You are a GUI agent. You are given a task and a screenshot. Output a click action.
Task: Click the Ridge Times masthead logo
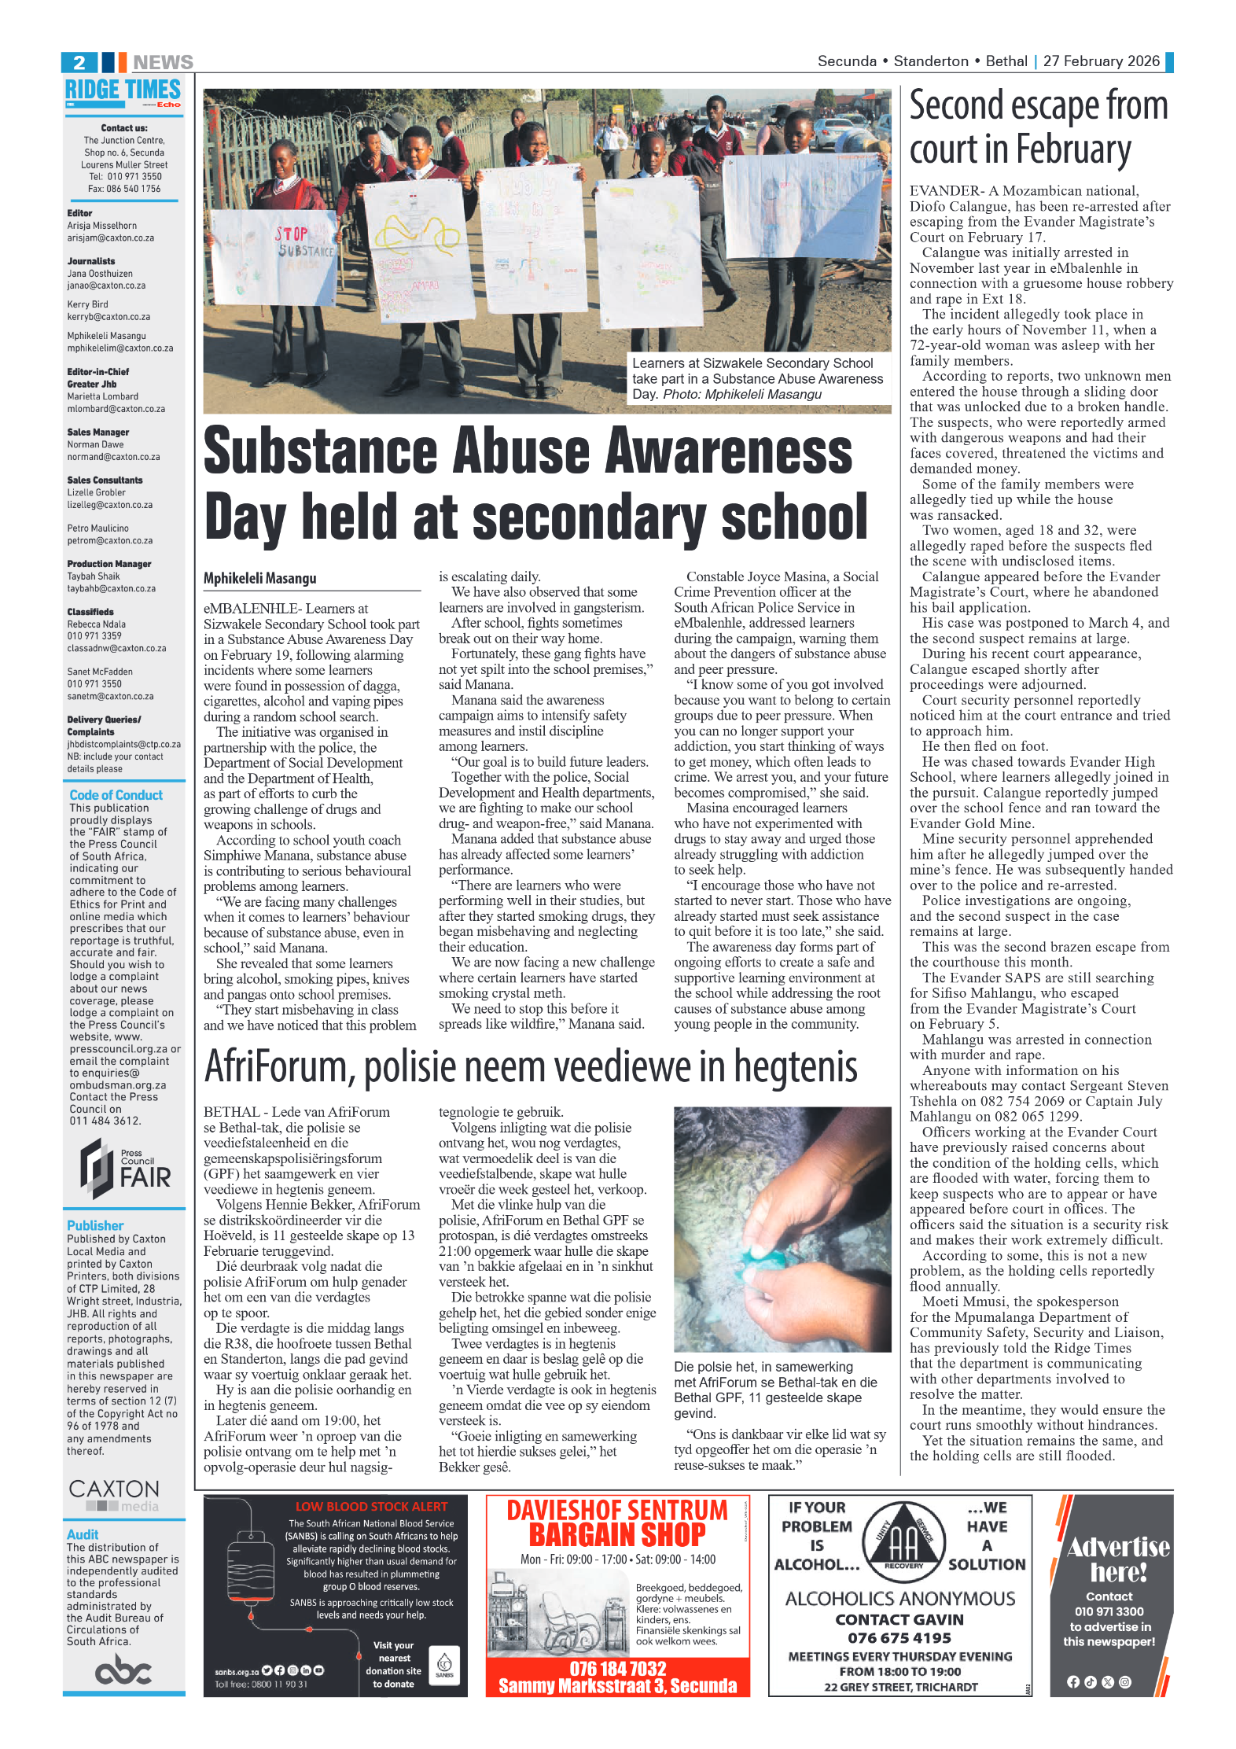click(x=123, y=91)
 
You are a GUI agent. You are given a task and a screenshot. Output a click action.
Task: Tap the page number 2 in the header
click(x=79, y=62)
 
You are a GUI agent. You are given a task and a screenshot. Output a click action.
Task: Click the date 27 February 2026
click(x=1101, y=61)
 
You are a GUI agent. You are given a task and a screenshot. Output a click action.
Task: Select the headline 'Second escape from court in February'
click(x=1038, y=127)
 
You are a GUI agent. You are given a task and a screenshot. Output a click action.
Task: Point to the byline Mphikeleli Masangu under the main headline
click(x=260, y=579)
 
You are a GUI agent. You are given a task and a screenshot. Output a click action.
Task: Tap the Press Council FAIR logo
click(x=126, y=1169)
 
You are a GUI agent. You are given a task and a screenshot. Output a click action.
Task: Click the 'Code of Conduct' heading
click(x=116, y=795)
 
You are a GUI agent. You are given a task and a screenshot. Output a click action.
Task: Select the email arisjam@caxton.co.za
click(x=110, y=238)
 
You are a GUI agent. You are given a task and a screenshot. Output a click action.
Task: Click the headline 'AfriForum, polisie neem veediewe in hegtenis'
click(x=531, y=1067)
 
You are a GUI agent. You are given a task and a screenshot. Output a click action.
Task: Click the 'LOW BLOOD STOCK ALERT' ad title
click(x=371, y=1507)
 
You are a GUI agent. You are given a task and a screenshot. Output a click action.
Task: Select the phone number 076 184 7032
click(x=617, y=1669)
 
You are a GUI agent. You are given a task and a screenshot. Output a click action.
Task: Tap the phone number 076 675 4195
click(x=899, y=1638)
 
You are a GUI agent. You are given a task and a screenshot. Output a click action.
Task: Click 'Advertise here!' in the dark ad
click(x=1117, y=1560)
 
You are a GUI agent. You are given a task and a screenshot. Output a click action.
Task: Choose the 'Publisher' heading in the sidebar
click(x=95, y=1225)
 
